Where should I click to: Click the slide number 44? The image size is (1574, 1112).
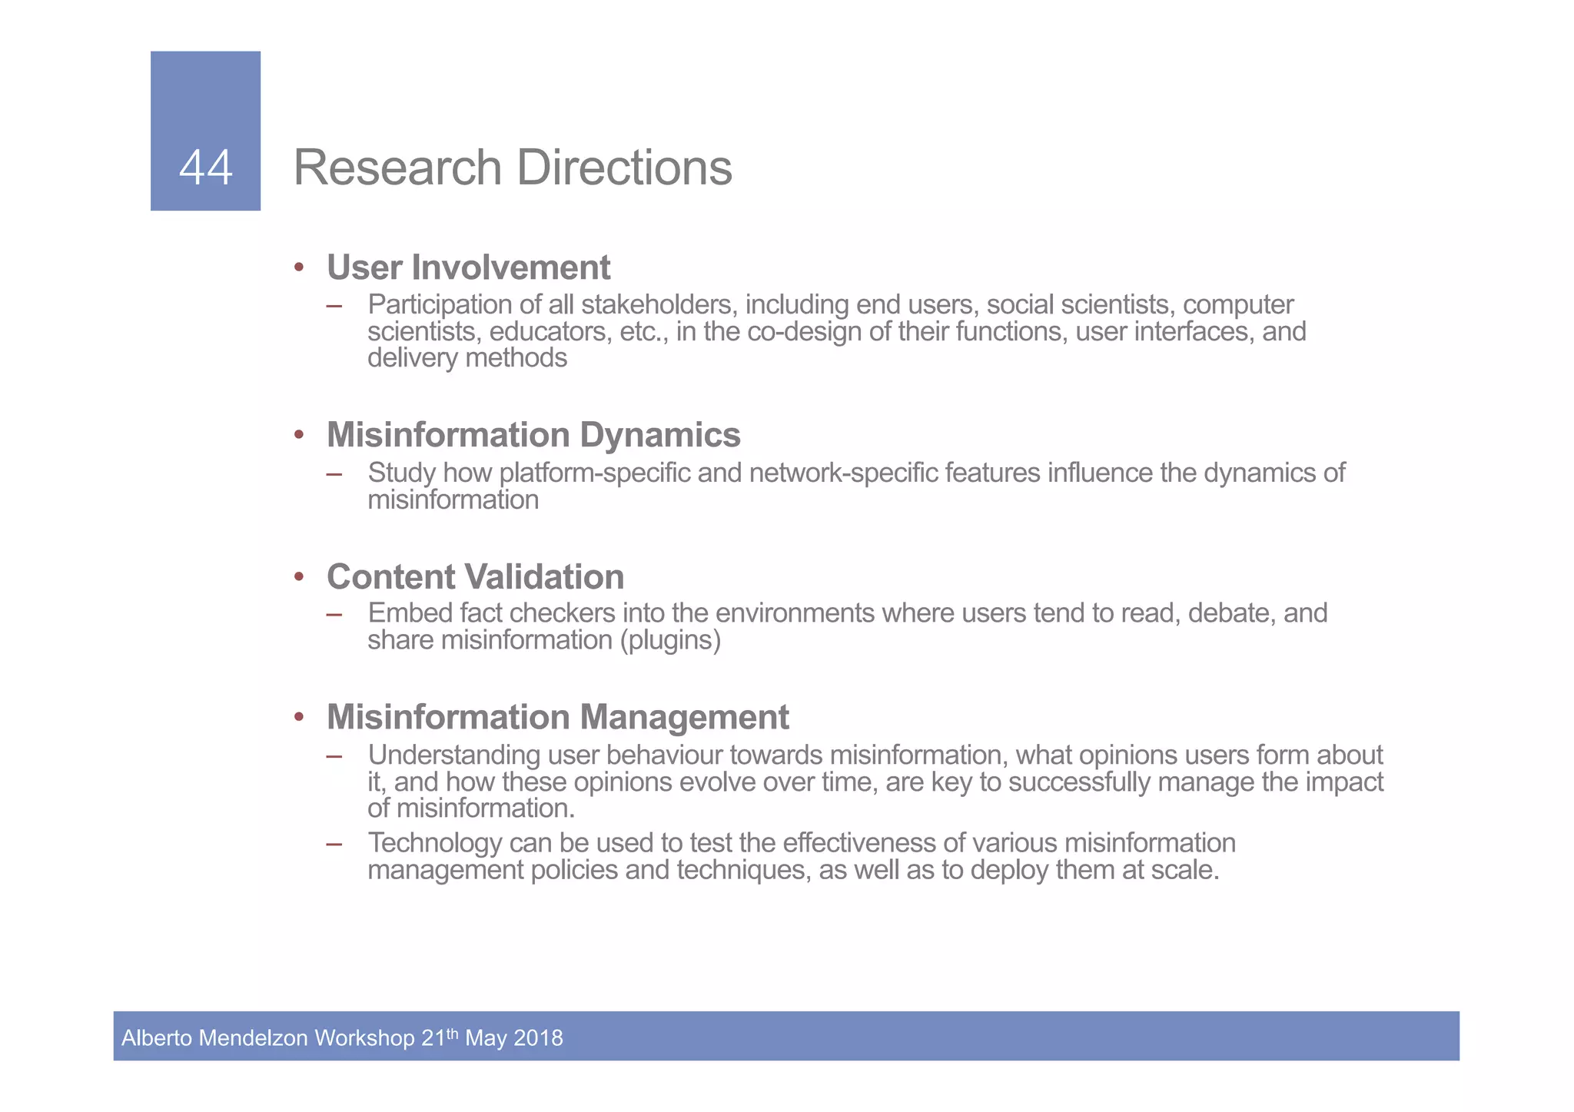click(x=205, y=168)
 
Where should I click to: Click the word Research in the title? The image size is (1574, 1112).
click(x=397, y=168)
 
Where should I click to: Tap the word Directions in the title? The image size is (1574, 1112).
click(x=624, y=168)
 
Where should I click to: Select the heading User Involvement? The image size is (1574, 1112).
click(x=468, y=267)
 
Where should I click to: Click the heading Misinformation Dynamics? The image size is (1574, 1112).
click(x=533, y=435)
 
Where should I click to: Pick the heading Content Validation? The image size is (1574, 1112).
click(x=475, y=577)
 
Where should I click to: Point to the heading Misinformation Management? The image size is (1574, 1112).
click(x=557, y=717)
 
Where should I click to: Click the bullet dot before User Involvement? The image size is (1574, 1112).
click(x=299, y=268)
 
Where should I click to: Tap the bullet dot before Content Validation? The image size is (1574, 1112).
click(x=299, y=577)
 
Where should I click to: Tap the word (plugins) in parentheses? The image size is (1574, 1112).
click(x=670, y=640)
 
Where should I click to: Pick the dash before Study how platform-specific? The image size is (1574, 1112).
click(x=334, y=473)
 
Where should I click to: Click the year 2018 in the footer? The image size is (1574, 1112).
click(x=538, y=1038)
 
